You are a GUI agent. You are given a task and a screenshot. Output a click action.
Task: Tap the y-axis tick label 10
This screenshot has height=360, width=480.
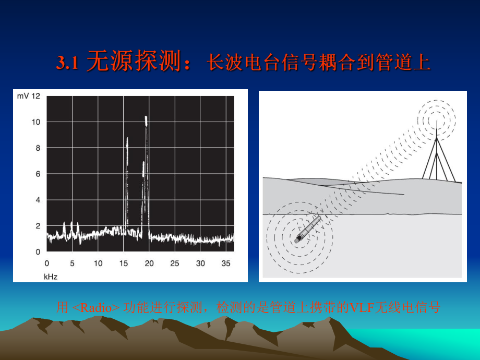click(36, 122)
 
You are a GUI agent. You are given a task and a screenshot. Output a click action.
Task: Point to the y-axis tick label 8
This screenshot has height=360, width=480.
click(38, 148)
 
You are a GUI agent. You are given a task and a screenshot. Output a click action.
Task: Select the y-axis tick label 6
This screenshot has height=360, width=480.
click(38, 174)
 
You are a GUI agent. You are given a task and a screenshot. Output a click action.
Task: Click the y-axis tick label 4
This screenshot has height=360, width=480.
click(38, 200)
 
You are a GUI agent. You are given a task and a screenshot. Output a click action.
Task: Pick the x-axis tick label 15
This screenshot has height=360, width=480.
click(124, 263)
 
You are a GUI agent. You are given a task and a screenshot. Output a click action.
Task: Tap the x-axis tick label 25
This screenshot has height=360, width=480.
click(175, 263)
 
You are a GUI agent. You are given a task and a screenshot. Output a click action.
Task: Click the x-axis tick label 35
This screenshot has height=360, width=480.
click(226, 263)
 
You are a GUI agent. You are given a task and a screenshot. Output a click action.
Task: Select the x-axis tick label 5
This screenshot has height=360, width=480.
click(73, 263)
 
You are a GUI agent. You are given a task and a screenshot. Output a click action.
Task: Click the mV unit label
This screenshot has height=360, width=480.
click(22, 96)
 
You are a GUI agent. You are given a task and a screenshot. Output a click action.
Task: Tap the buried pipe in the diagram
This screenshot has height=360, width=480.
click(308, 230)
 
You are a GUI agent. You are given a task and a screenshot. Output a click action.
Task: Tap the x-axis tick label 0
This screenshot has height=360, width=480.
click(47, 263)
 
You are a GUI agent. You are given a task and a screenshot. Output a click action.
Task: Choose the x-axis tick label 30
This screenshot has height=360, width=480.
click(200, 263)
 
